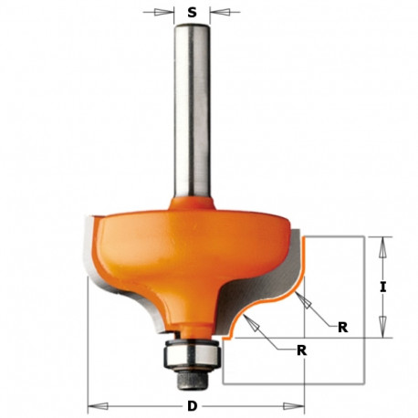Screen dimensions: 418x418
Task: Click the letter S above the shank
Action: [x=191, y=13]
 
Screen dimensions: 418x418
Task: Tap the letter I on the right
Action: [x=385, y=287]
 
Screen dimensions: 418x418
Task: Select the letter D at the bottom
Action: [x=191, y=405]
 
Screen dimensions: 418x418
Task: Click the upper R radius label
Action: [x=341, y=326]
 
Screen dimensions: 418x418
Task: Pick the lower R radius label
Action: [x=300, y=350]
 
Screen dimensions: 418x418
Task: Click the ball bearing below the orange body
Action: [x=191, y=350]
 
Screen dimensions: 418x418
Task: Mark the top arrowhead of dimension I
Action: [x=385, y=242]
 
